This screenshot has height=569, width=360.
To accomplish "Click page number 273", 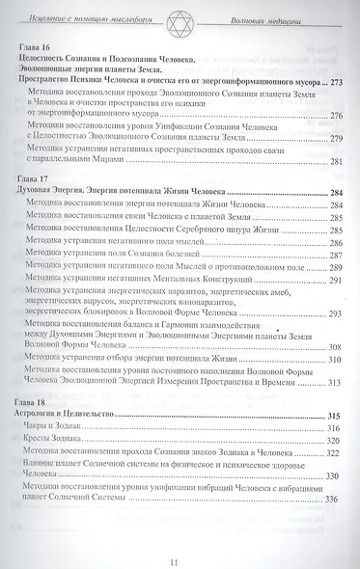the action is pyautogui.click(x=337, y=84).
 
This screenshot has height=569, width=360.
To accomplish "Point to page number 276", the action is pyautogui.click(x=337, y=118).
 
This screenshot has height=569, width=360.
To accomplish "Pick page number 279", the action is pyautogui.click(x=337, y=140).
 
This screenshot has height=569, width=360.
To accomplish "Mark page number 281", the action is pyautogui.click(x=337, y=161).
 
